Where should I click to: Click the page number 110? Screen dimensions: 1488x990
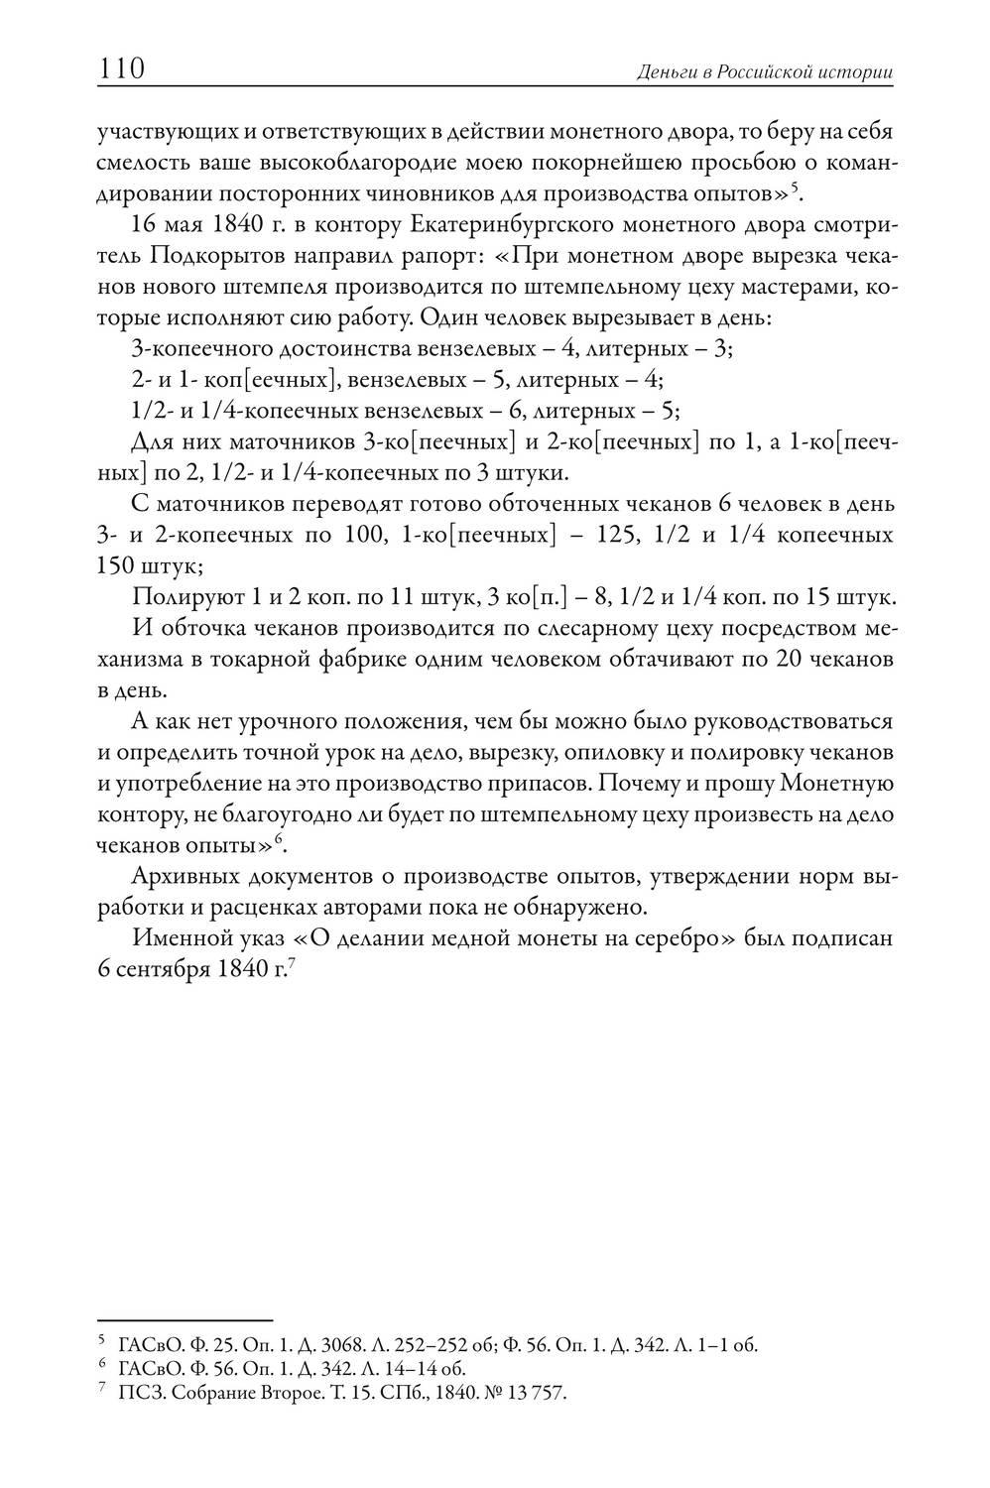[x=122, y=70]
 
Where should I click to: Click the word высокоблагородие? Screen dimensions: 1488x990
[x=342, y=162]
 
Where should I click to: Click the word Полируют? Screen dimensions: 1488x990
[x=178, y=599]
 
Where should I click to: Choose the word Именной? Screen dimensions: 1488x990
[x=180, y=938]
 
